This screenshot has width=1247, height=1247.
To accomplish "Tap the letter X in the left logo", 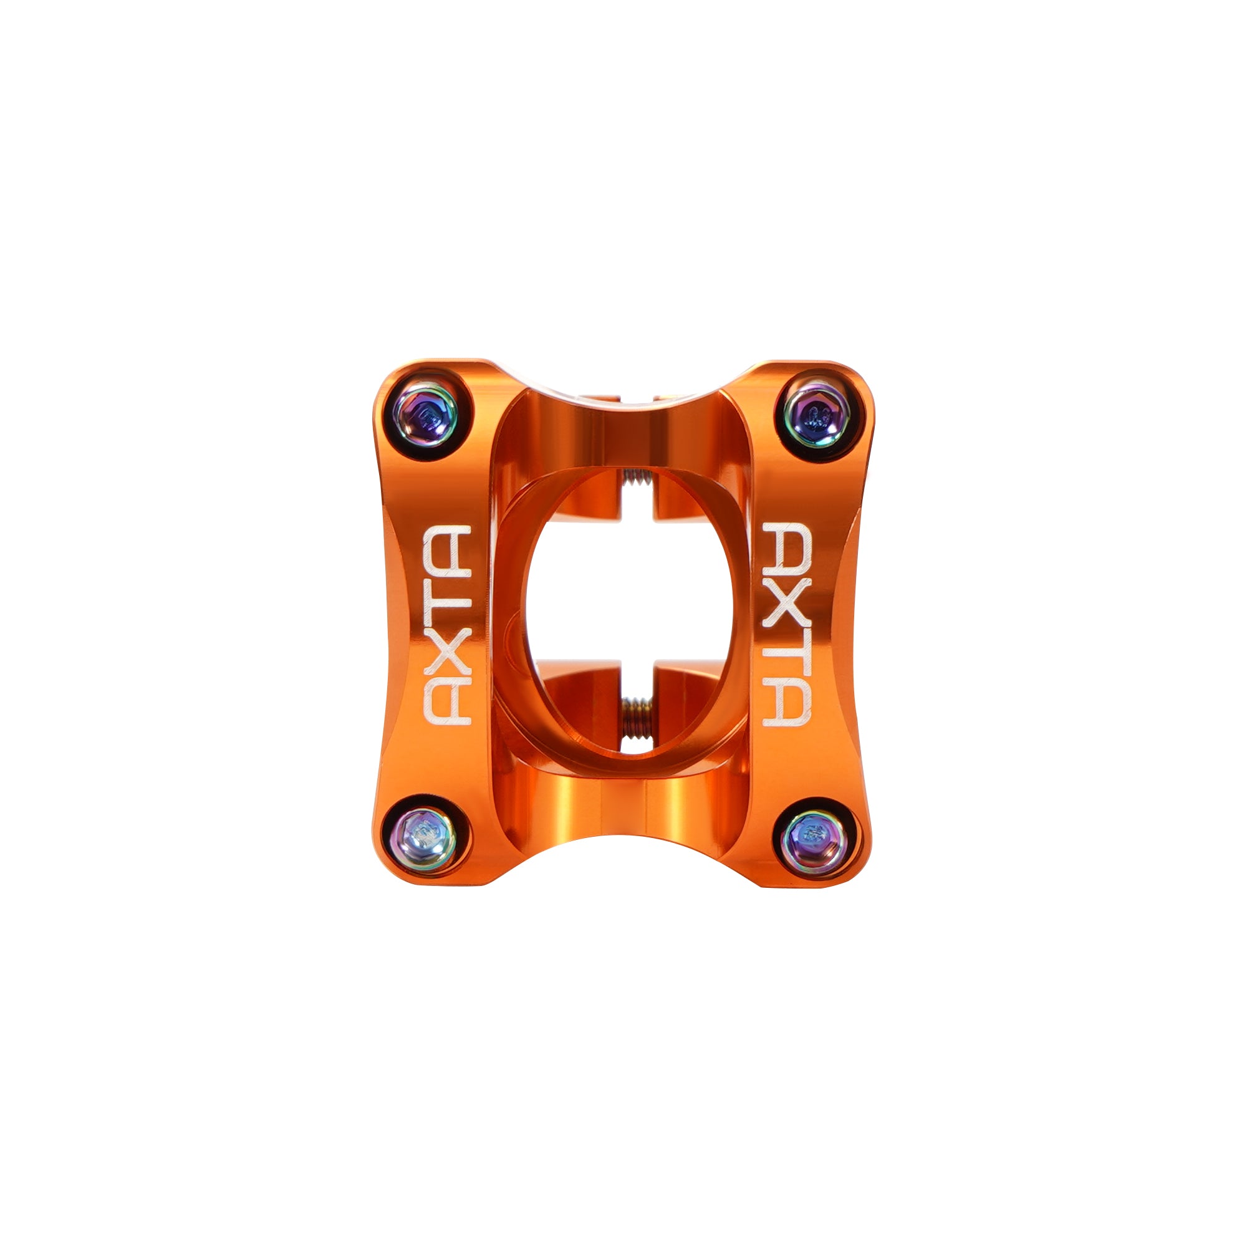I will click(446, 653).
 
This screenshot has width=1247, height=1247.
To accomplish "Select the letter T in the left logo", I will click(446, 597).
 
